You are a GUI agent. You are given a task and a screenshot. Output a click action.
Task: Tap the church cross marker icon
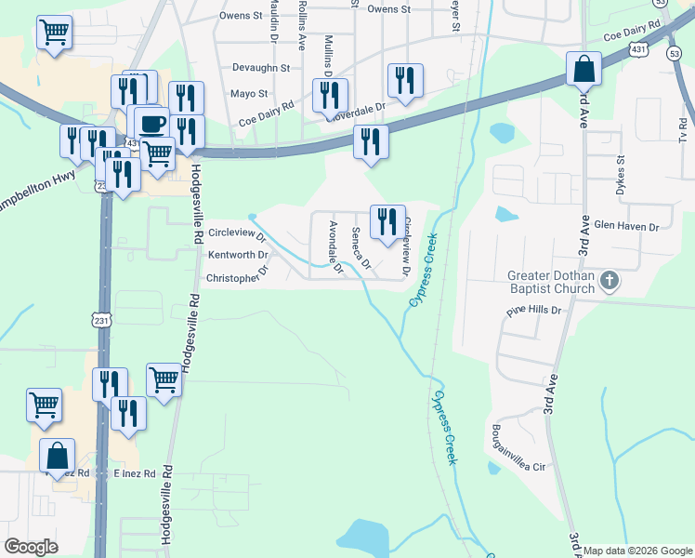(610, 280)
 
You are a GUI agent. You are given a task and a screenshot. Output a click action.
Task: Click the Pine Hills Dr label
(534, 311)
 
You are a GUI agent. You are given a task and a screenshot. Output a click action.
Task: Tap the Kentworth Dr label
(239, 254)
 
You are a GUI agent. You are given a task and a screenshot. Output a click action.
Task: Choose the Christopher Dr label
(237, 276)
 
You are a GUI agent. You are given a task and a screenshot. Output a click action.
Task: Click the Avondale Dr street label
(336, 247)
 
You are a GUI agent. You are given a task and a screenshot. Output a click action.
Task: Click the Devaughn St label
(261, 68)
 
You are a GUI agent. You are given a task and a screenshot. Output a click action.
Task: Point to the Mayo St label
(249, 94)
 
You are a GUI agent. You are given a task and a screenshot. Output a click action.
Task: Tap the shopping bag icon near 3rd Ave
(584, 69)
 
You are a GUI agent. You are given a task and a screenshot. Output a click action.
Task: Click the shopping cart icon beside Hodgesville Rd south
(164, 379)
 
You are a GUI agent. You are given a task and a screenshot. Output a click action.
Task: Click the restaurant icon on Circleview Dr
(387, 221)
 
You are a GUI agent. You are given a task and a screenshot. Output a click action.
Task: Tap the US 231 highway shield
(101, 320)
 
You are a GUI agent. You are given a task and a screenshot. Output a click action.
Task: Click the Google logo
(31, 547)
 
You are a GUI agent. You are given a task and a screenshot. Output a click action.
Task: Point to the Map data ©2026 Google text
(638, 551)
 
